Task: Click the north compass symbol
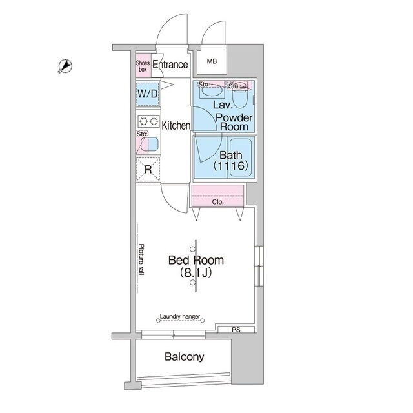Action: point(65,66)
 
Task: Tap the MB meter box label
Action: point(212,61)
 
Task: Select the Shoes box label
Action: point(143,66)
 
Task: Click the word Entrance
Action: point(170,65)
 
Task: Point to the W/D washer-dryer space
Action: point(148,94)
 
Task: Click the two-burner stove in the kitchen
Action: point(148,121)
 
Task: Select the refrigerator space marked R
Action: point(148,169)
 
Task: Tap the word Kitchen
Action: point(176,125)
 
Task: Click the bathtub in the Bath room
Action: point(241,157)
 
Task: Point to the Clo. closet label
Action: point(218,202)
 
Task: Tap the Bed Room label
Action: point(196,260)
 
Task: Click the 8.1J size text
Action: point(196,273)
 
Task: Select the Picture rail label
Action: point(141,259)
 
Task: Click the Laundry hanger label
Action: point(180,316)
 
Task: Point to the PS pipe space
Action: point(236,330)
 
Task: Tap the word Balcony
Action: point(185,357)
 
